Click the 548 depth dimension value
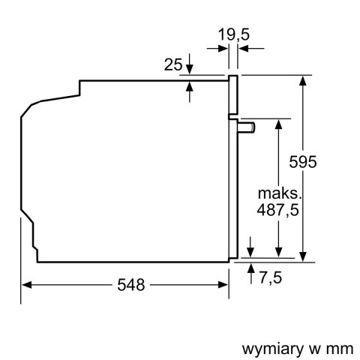[132, 285]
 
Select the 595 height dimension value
[304, 162]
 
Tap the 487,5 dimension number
[278, 210]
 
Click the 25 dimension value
[172, 65]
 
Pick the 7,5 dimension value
[271, 278]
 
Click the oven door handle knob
[247, 127]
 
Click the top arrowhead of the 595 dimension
[304, 79]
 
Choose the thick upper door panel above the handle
[234, 96]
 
